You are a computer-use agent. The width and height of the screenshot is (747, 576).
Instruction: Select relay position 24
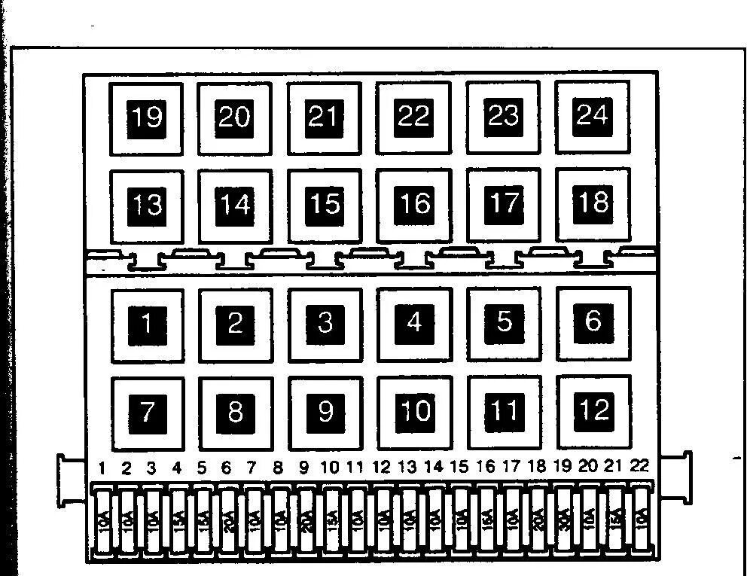[x=592, y=116]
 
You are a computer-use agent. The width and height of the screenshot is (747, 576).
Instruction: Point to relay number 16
[x=414, y=204]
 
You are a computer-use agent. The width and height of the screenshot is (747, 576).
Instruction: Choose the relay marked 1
[x=147, y=325]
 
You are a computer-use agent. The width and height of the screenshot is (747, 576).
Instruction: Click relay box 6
[x=593, y=322]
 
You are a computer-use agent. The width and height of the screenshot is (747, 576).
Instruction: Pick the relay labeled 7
[x=147, y=412]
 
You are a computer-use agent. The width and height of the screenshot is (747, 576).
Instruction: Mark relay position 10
[x=414, y=411]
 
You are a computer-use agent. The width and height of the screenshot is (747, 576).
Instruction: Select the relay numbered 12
[x=593, y=410]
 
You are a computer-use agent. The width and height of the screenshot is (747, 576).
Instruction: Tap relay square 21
[x=324, y=117]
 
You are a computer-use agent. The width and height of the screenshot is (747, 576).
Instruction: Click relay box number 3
[x=325, y=324]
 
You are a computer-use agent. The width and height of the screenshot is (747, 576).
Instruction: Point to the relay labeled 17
[x=503, y=203]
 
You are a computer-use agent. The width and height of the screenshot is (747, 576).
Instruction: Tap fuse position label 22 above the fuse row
[x=639, y=466]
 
